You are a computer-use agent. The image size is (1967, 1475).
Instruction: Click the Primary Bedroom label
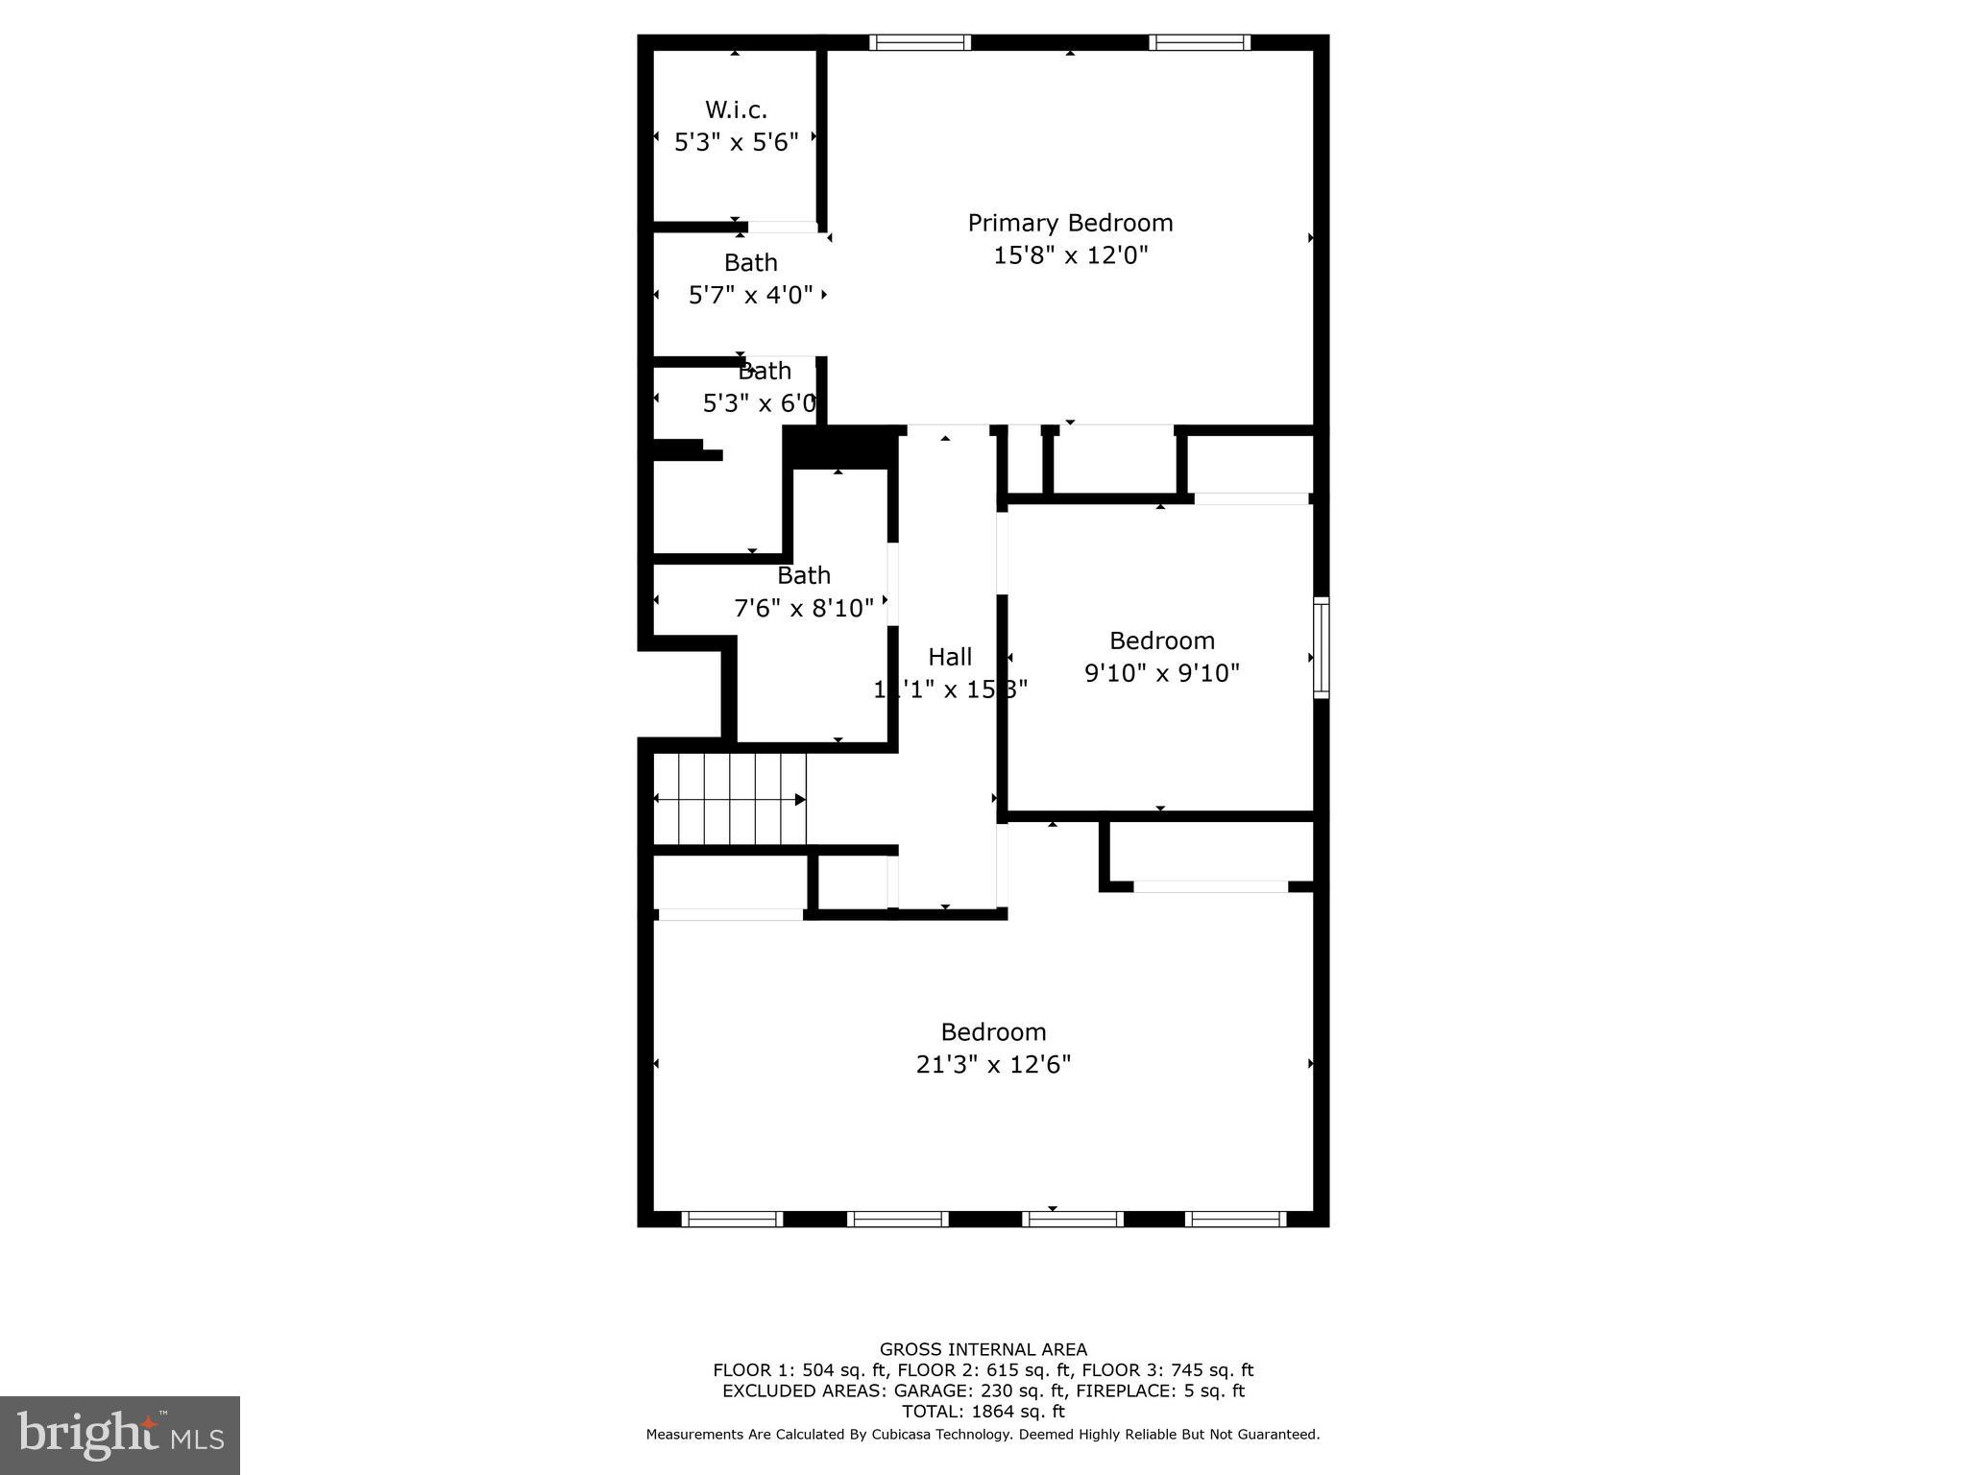point(1070,223)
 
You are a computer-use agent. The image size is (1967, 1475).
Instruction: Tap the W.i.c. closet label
point(736,109)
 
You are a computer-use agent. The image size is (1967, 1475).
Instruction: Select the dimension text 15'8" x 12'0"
point(1070,255)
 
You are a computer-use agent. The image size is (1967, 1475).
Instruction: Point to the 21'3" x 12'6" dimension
point(993,1064)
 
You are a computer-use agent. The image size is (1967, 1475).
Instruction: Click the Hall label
point(950,657)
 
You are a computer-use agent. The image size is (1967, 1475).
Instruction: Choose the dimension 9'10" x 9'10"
point(1162,672)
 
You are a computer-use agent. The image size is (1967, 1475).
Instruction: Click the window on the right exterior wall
point(1322,646)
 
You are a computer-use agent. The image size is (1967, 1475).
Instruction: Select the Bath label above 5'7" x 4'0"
point(750,262)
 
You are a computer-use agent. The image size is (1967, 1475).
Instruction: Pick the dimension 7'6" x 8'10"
point(804,608)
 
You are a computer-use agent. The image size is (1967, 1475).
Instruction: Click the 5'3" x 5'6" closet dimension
point(737,142)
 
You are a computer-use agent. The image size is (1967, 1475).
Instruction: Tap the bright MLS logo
point(120,1436)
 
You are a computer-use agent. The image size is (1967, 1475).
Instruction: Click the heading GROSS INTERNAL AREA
point(983,1349)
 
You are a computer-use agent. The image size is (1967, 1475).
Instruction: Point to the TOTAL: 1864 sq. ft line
point(983,1412)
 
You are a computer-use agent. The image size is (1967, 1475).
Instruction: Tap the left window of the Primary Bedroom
point(920,42)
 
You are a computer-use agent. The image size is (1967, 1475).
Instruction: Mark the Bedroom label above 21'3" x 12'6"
point(993,1031)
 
